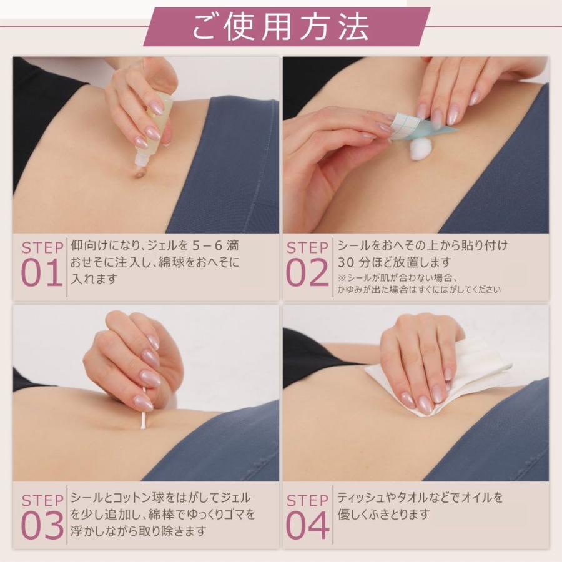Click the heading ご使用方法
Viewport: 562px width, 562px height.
(x=280, y=27)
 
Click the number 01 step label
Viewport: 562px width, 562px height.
(x=42, y=273)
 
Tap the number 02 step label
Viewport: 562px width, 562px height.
(x=307, y=273)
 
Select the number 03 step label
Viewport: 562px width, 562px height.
(x=42, y=525)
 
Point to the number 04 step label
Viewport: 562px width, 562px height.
(x=307, y=525)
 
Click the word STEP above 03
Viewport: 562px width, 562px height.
(x=42, y=500)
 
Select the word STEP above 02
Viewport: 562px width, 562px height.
(x=307, y=247)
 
